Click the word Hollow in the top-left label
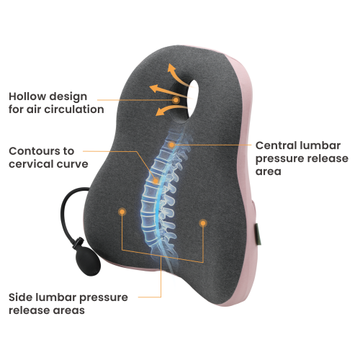click(27, 96)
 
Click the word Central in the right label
click(276, 145)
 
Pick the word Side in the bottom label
click(20, 297)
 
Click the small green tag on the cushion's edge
click(258, 234)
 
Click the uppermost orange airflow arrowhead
click(171, 68)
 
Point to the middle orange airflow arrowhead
click(154, 89)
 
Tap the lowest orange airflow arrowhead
click(159, 112)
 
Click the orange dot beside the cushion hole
click(176, 100)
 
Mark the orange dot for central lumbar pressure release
click(171, 145)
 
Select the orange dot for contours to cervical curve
click(156, 181)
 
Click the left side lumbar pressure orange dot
click(122, 212)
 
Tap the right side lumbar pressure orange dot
click(203, 223)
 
